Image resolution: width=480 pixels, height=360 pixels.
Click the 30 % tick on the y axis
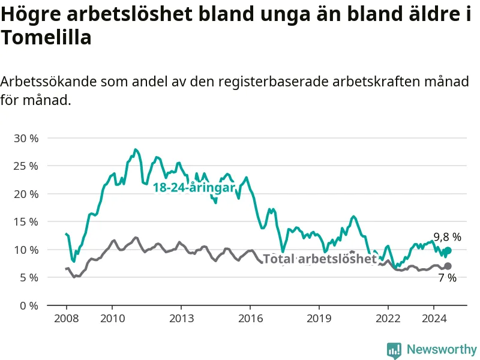coord(26,138)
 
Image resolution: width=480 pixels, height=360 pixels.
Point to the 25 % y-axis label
coord(26,166)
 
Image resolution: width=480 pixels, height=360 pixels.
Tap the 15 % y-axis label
coord(26,221)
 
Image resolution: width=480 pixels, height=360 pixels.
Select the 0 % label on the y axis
coord(29,305)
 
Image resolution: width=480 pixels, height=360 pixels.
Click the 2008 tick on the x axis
coord(66,317)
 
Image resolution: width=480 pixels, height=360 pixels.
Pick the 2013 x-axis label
coord(181,317)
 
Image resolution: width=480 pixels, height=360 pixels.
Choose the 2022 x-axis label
coord(388,317)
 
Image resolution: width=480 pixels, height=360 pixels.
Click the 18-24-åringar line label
coord(193,188)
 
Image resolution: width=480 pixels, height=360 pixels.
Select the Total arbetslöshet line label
coord(320,259)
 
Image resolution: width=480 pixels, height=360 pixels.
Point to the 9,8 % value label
coord(448,237)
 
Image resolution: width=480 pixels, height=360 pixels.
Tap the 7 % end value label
coord(447,278)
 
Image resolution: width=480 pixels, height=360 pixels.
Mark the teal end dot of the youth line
coord(448,250)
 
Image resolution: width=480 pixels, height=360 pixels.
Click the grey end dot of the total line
coord(448,266)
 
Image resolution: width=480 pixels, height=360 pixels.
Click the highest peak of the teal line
coord(136,149)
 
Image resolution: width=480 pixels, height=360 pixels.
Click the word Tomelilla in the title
coord(46,38)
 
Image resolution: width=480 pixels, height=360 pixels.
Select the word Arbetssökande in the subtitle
coord(49,82)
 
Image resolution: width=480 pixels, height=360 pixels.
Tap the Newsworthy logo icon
coord(394,350)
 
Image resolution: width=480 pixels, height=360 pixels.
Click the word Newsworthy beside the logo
coord(442,349)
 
